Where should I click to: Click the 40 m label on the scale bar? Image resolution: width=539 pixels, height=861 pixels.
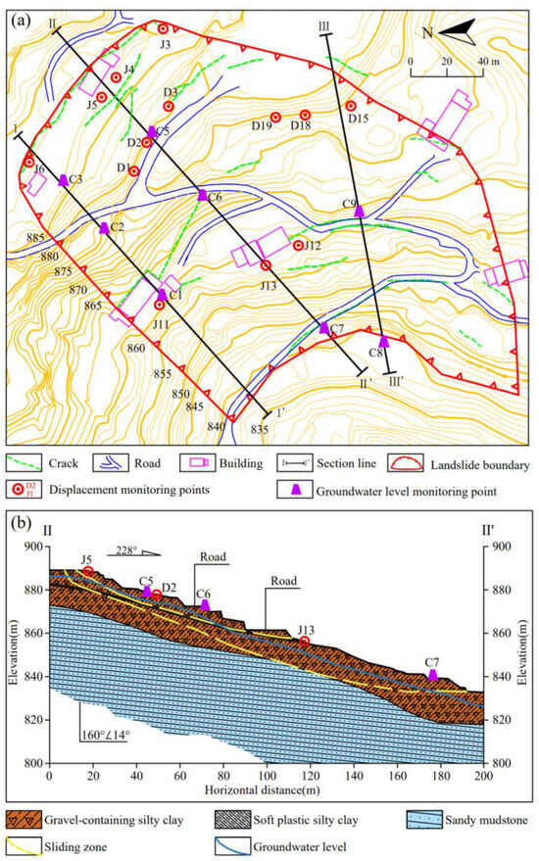(x=487, y=61)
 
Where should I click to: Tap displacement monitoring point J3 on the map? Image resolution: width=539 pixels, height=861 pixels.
(x=163, y=29)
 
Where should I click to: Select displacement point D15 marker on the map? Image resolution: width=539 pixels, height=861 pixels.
(x=351, y=106)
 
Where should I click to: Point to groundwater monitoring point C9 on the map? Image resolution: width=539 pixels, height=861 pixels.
(x=360, y=211)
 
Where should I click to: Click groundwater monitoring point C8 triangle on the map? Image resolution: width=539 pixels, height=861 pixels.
(x=384, y=341)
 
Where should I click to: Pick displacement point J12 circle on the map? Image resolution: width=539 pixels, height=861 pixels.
(x=298, y=245)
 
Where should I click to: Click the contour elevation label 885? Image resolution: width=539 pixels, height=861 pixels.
(x=36, y=239)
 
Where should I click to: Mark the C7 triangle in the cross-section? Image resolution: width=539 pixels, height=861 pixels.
(x=432, y=675)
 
